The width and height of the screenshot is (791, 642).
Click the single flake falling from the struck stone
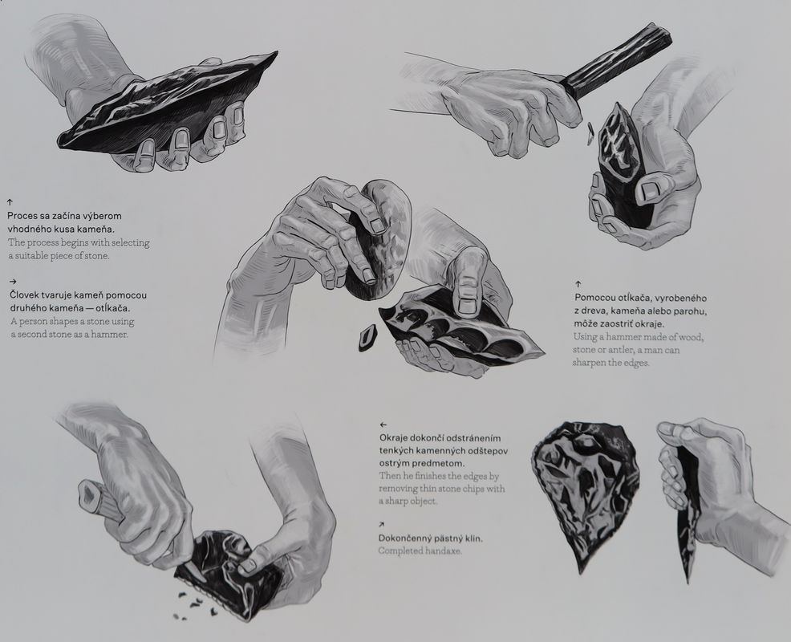click(x=369, y=337)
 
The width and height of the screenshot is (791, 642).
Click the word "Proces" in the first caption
click(x=23, y=216)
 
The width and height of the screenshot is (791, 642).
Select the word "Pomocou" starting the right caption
click(x=594, y=298)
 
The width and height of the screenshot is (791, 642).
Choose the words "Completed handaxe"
click(x=420, y=551)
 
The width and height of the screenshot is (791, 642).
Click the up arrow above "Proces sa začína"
click(x=10, y=202)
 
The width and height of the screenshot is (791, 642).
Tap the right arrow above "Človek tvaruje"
click(x=13, y=282)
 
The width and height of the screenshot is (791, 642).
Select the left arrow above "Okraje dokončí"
click(x=383, y=425)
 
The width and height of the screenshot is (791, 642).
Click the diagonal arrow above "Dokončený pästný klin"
click(x=382, y=525)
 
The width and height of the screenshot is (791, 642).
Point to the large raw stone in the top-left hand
click(x=167, y=105)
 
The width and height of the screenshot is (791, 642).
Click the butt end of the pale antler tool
click(x=89, y=492)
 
